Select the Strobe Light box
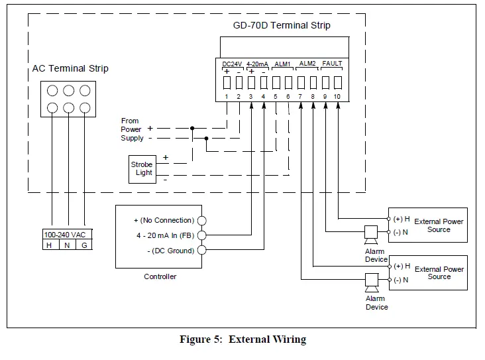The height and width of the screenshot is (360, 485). (x=141, y=168)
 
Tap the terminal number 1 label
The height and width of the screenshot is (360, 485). (x=226, y=97)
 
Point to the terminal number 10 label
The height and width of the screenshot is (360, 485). (x=337, y=97)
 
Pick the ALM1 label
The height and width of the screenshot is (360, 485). (x=282, y=64)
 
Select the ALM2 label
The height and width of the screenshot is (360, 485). (x=307, y=64)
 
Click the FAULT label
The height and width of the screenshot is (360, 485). (x=332, y=64)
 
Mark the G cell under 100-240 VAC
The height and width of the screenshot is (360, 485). (x=83, y=245)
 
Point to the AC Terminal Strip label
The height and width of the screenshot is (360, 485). (x=70, y=68)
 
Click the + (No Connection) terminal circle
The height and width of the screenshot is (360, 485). (x=202, y=220)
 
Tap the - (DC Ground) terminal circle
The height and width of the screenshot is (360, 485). (x=202, y=250)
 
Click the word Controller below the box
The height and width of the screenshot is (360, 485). (x=160, y=276)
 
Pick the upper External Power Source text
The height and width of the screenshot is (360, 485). (x=439, y=225)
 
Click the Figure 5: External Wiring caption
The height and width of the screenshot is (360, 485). (x=242, y=339)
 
